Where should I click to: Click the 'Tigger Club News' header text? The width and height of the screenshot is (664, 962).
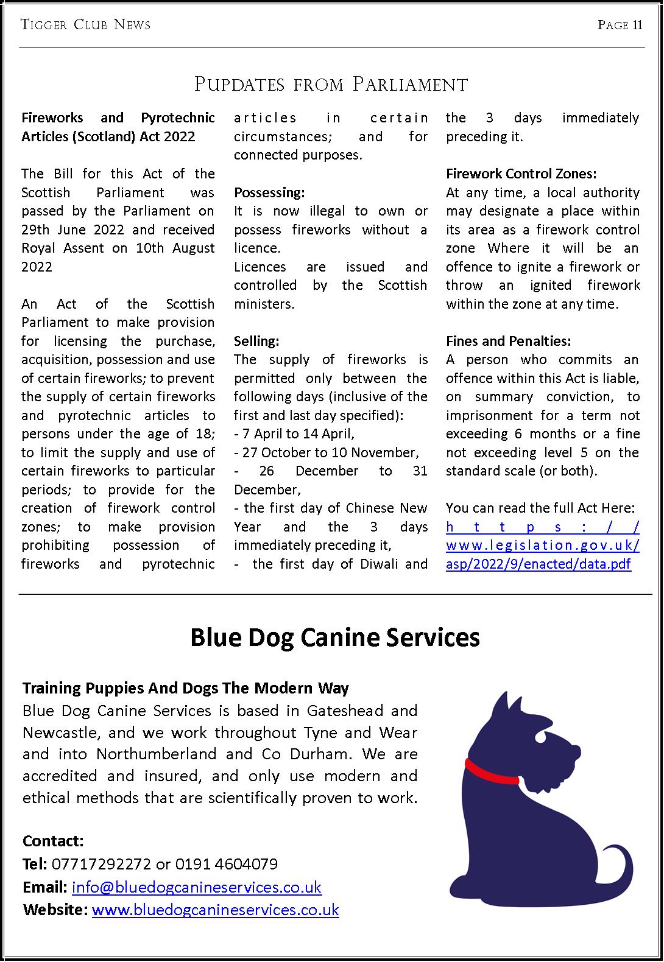(x=85, y=25)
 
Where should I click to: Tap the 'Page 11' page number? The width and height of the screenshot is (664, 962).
(x=620, y=25)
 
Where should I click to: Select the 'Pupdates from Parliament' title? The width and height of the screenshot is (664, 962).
(x=331, y=84)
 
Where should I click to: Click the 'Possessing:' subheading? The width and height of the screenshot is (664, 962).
(x=269, y=192)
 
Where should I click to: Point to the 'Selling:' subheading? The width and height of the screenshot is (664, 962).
(x=256, y=341)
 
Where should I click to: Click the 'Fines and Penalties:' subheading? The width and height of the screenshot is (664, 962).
(x=508, y=341)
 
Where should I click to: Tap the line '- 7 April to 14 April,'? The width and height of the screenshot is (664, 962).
(x=294, y=434)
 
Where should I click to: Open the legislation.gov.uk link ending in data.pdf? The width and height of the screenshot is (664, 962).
(x=542, y=546)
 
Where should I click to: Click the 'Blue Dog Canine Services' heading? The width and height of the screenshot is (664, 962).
(x=334, y=637)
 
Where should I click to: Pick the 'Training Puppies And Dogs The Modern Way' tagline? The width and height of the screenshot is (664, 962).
(x=186, y=688)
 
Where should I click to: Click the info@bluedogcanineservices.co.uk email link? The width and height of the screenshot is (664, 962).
(x=196, y=887)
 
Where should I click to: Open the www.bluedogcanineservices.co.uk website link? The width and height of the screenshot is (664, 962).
(x=215, y=910)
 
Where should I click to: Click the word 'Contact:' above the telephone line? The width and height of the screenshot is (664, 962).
(x=53, y=841)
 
